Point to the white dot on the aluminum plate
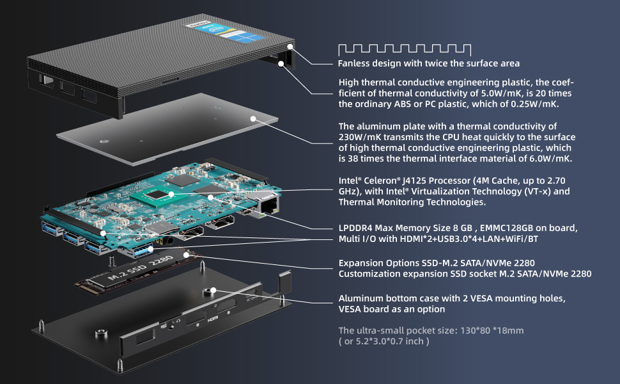click(254, 118)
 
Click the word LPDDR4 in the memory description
click(357, 228)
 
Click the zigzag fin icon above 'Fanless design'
click(404, 49)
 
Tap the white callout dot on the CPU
click(172, 192)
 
